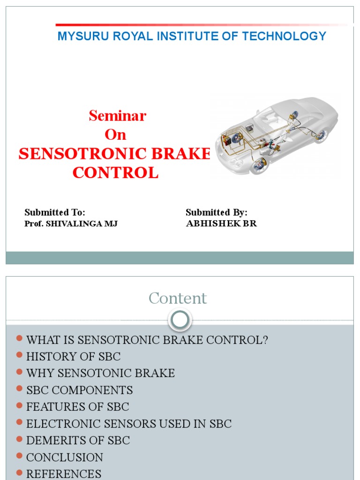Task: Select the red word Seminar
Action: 118,115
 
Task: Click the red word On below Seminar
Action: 115,135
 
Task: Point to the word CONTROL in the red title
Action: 115,172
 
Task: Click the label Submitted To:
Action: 55,212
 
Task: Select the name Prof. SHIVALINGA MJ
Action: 71,224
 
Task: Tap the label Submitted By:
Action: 217,212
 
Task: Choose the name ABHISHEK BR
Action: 221,224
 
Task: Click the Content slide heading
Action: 178,298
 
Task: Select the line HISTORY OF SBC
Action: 74,357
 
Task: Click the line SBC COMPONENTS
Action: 80,390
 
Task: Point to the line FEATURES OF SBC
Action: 78,407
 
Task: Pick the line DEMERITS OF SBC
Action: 78,441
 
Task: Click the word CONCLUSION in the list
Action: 65,457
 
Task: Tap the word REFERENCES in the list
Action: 64,474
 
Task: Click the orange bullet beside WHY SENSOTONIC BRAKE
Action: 19,372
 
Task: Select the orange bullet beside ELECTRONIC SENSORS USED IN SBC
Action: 19,423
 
